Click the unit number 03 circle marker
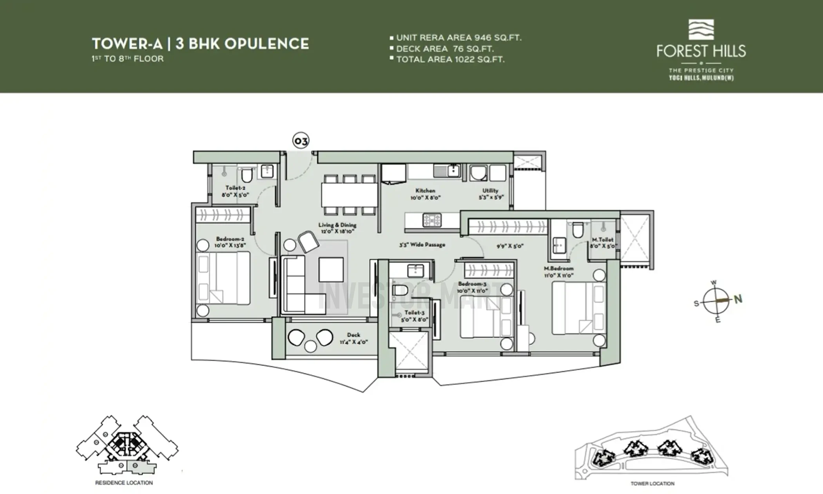[301, 141]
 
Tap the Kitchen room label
[425, 191]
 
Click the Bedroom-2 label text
[230, 239]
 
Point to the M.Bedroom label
[558, 269]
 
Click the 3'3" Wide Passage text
[422, 245]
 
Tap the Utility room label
[490, 191]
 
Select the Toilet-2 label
[235, 188]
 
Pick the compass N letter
[738, 299]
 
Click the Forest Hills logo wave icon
[701, 30]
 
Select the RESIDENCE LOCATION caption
[124, 483]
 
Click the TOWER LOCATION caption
[652, 483]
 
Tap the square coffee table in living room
[331, 270]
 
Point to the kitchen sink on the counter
[453, 171]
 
